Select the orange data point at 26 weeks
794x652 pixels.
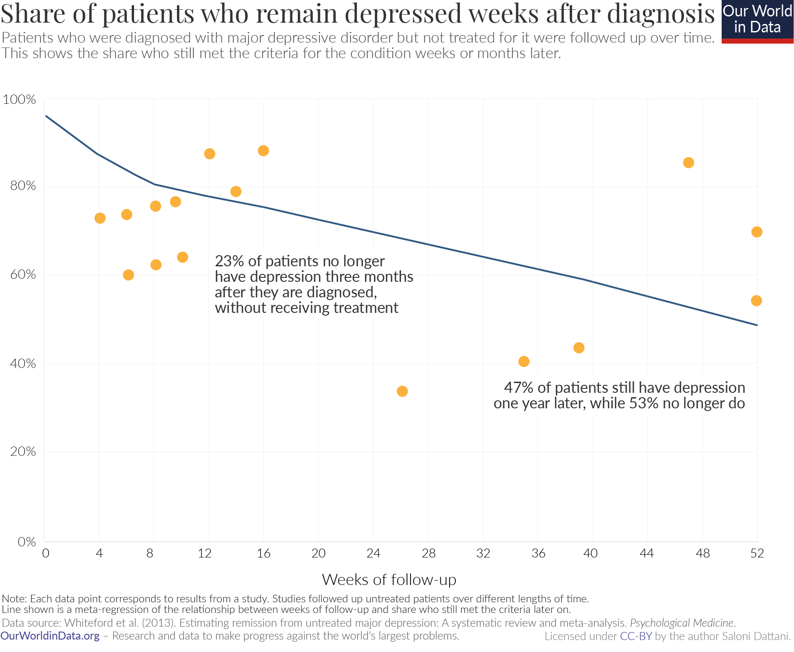click(x=402, y=391)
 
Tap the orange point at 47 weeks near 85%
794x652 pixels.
click(x=688, y=163)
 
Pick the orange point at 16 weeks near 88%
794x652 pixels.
click(x=263, y=151)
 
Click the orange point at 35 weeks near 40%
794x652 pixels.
click(x=524, y=361)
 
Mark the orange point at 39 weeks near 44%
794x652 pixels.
click(x=579, y=348)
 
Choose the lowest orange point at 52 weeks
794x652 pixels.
click(x=756, y=301)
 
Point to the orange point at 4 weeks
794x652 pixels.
click(x=100, y=218)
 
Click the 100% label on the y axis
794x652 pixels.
click(x=19, y=99)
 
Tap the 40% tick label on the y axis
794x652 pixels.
click(x=23, y=364)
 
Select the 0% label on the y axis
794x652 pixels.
click(x=26, y=541)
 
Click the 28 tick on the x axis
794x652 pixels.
click(x=428, y=553)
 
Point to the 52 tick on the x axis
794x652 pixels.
click(x=757, y=553)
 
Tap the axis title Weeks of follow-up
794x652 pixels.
click(x=389, y=580)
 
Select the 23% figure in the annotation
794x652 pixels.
click(x=229, y=261)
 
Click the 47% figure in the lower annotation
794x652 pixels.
click(x=518, y=387)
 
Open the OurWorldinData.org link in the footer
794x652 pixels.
click(x=50, y=636)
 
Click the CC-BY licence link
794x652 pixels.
click(x=636, y=636)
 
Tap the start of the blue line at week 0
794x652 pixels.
click(x=46, y=116)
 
